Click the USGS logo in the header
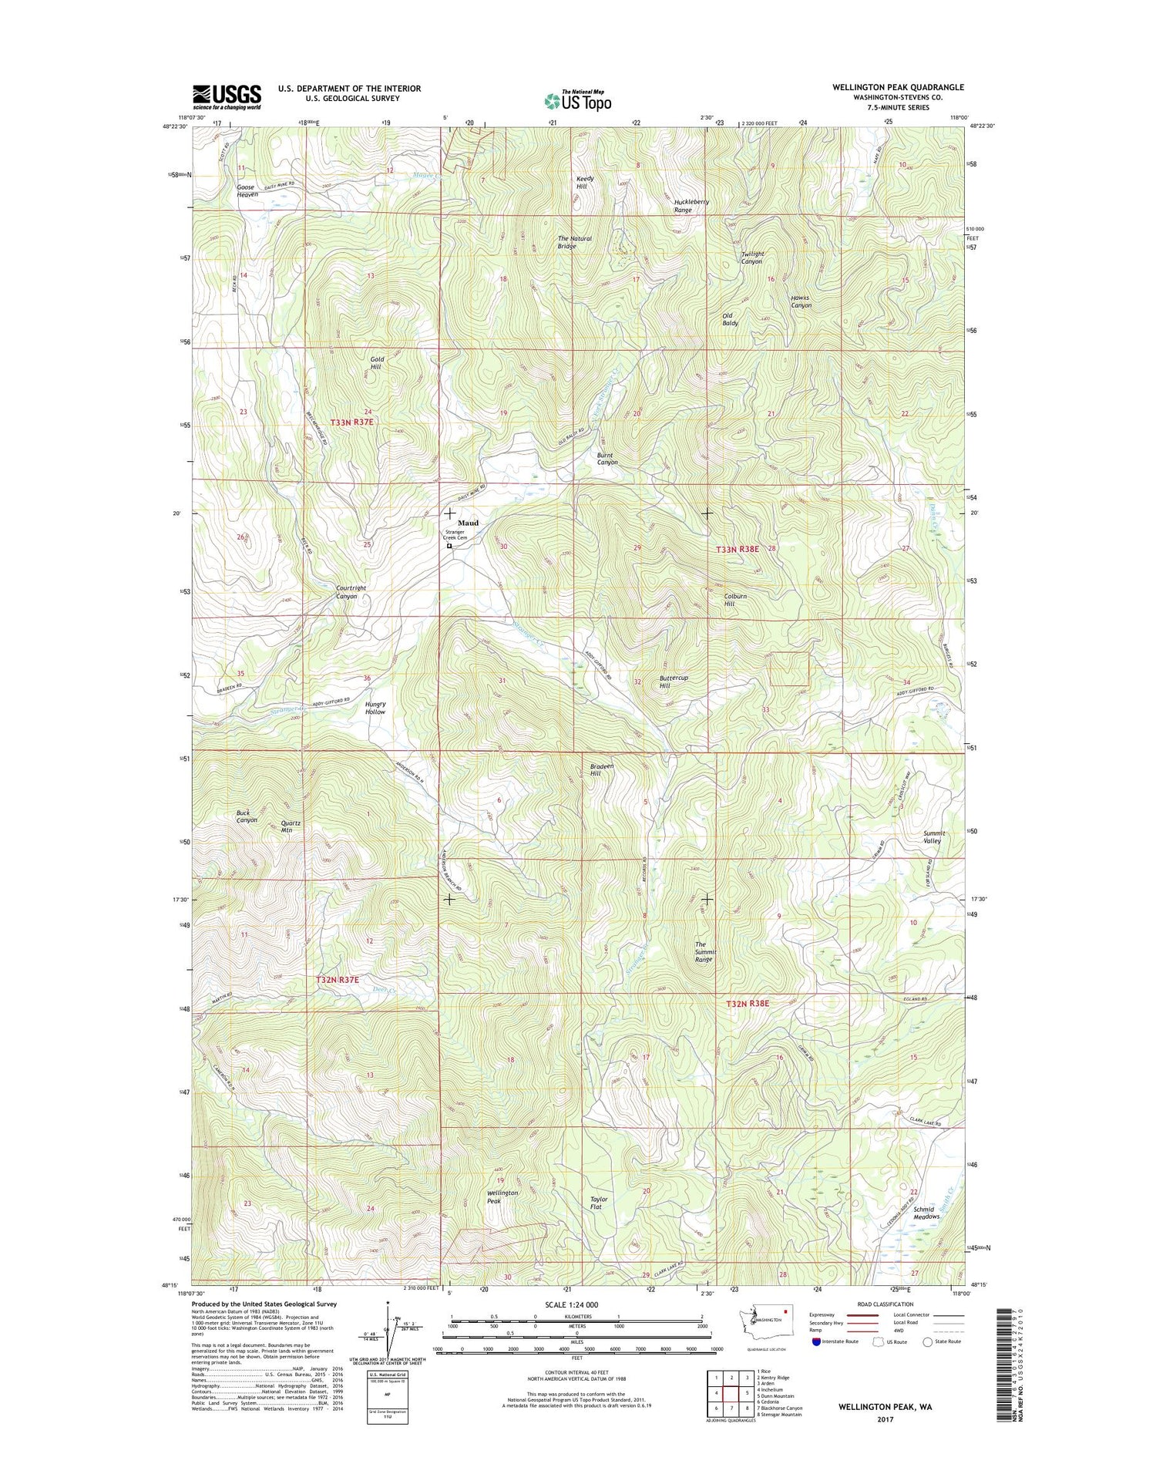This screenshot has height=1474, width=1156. pos(226,97)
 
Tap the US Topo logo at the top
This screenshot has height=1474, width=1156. pos(578,100)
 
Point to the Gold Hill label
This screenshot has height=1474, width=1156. pos(376,363)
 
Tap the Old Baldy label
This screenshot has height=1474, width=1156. pos(730,319)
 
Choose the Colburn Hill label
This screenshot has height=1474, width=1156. pos(735,600)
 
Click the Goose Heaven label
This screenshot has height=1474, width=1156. pos(247,191)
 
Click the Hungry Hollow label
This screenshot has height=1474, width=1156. pos(375,708)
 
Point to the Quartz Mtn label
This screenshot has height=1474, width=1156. pos(291,826)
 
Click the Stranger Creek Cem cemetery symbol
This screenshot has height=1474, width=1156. pos(449,547)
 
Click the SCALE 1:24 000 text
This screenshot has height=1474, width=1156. pos(570,1305)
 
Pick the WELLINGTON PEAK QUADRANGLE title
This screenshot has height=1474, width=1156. pos(897,87)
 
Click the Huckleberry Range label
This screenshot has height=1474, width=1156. pos(691,206)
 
